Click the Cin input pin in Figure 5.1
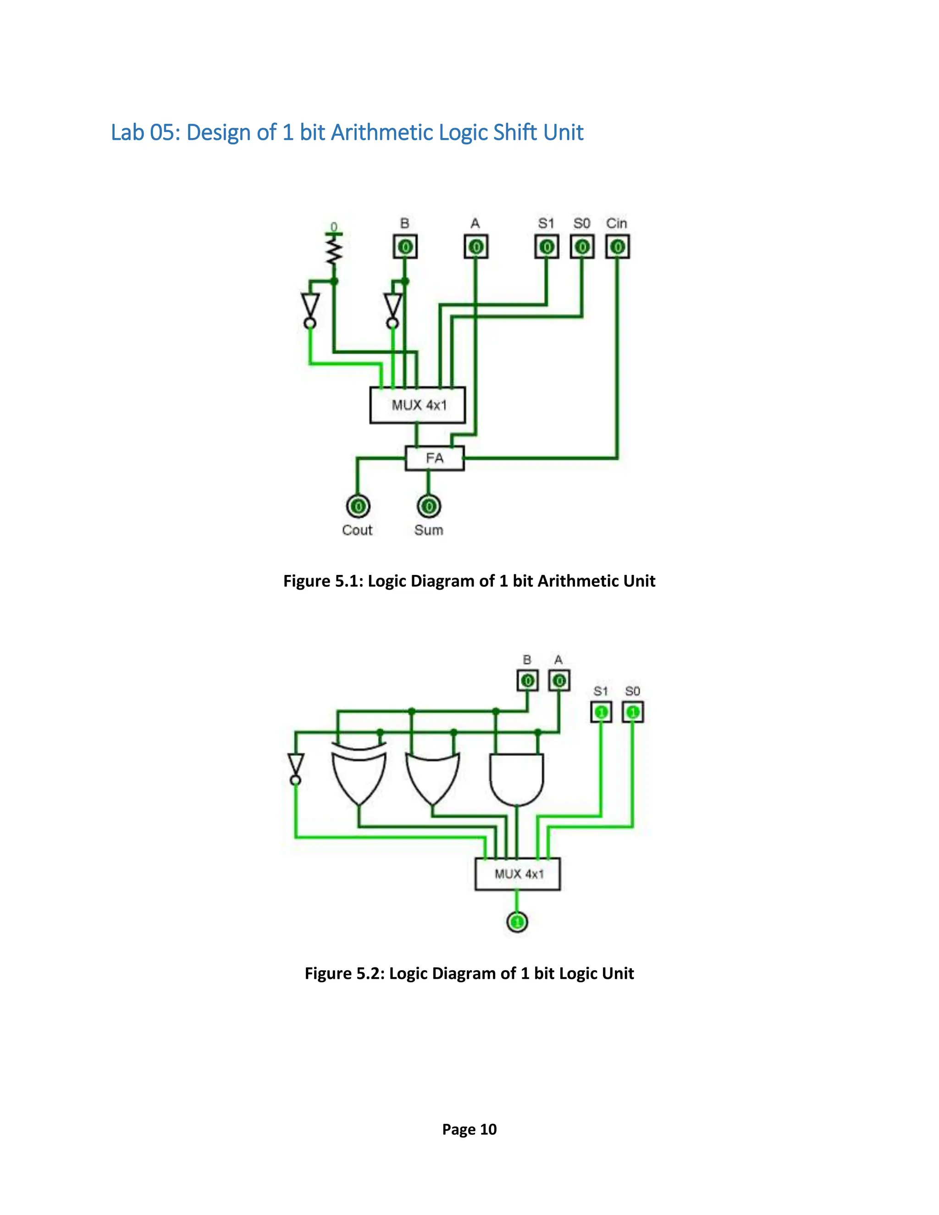click(x=617, y=247)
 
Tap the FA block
click(x=435, y=458)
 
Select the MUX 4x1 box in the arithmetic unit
click(x=418, y=405)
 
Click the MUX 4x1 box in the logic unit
click(x=517, y=874)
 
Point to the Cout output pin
click(x=358, y=506)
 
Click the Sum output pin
click(x=428, y=506)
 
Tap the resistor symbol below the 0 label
click(x=334, y=251)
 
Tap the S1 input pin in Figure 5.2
click(x=601, y=712)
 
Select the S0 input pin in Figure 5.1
click(x=582, y=247)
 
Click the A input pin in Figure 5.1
click(x=475, y=247)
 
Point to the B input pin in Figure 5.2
click(x=527, y=680)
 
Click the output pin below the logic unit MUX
click(x=517, y=922)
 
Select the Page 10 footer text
click(x=469, y=1129)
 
